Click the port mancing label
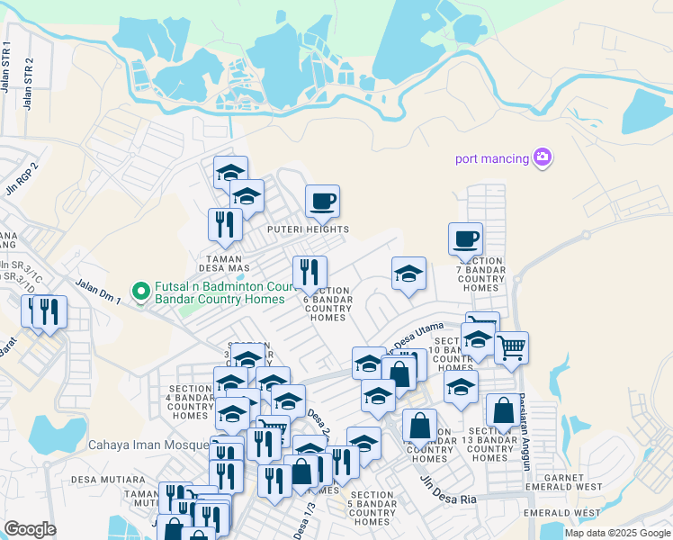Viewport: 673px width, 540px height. click(492, 159)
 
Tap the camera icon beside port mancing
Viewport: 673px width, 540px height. click(542, 157)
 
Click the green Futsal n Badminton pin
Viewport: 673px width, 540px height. click(140, 290)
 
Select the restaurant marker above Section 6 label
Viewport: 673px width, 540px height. click(310, 273)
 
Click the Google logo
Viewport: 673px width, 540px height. click(30, 528)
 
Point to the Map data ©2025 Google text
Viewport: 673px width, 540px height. click(616, 533)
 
